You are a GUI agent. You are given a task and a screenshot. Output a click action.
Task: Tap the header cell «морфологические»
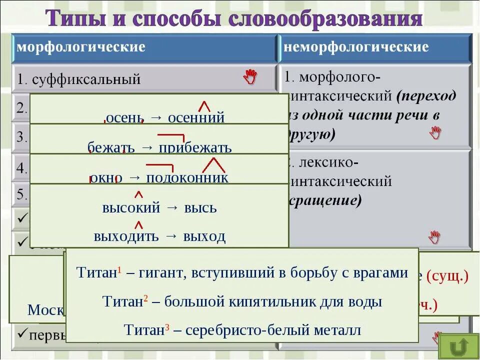click(x=81, y=47)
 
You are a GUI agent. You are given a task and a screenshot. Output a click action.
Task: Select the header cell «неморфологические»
click(x=356, y=47)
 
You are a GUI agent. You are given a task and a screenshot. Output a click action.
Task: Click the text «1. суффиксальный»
click(x=79, y=79)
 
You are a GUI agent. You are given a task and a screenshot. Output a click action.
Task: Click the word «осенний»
click(x=196, y=118)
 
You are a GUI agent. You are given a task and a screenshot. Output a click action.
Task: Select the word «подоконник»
click(x=187, y=178)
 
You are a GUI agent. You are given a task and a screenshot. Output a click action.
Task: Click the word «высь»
click(x=200, y=207)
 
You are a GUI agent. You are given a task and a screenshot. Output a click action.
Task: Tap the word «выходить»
click(x=126, y=236)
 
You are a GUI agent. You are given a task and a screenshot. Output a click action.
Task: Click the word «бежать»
click(x=111, y=148)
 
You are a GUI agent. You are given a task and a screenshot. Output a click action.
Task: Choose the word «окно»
click(x=106, y=178)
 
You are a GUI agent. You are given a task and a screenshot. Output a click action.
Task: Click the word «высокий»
click(x=131, y=207)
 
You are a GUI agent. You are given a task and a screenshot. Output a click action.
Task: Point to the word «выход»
click(x=204, y=236)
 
